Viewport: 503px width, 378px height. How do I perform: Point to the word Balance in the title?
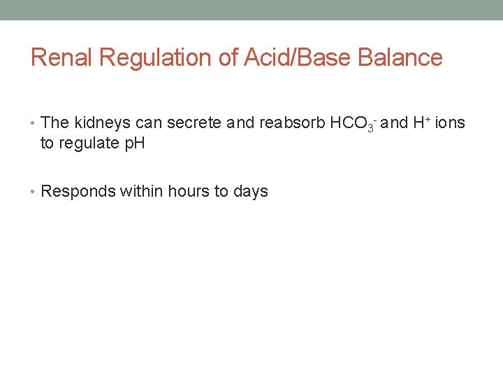point(400,57)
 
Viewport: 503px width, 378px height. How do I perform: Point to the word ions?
point(449,123)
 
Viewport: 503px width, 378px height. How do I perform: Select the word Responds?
point(78,191)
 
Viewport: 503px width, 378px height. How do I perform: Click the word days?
point(251,191)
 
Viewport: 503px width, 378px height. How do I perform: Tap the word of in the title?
point(228,57)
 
